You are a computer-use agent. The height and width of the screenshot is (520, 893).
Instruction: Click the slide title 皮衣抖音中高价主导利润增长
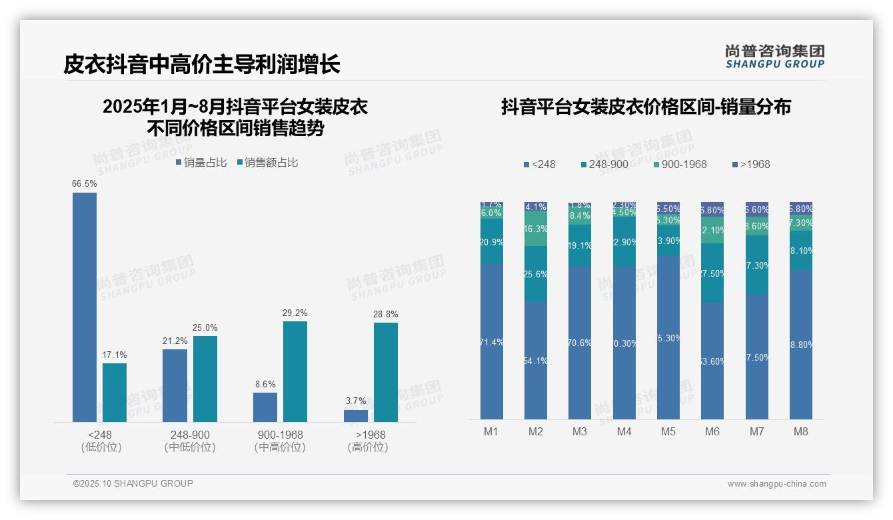click(x=202, y=65)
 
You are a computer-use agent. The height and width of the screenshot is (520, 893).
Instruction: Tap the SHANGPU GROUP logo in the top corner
click(x=774, y=56)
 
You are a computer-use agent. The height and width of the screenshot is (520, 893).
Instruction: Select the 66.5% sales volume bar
click(x=85, y=307)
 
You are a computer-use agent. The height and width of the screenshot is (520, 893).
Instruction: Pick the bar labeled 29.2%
click(x=295, y=371)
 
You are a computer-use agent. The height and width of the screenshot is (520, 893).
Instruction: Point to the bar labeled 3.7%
click(x=356, y=415)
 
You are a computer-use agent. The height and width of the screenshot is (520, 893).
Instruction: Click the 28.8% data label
click(x=386, y=314)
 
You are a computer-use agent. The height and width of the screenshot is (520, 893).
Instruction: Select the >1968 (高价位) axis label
click(x=367, y=441)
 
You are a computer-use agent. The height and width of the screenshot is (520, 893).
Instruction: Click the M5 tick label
click(x=668, y=431)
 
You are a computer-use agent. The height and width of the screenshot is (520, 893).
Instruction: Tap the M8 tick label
click(x=801, y=431)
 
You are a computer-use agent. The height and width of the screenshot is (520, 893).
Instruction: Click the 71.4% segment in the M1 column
click(x=492, y=341)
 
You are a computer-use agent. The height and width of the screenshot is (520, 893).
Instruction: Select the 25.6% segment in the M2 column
click(x=536, y=274)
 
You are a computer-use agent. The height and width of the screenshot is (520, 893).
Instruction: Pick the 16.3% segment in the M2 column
click(x=536, y=229)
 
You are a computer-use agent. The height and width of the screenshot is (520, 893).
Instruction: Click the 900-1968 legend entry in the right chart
click(x=679, y=164)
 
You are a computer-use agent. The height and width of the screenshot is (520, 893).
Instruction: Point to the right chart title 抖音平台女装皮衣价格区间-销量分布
click(x=646, y=107)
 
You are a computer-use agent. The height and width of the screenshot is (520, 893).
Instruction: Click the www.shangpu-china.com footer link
click(x=776, y=484)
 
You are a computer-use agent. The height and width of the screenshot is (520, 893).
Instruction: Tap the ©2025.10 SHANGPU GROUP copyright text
click(x=133, y=483)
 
